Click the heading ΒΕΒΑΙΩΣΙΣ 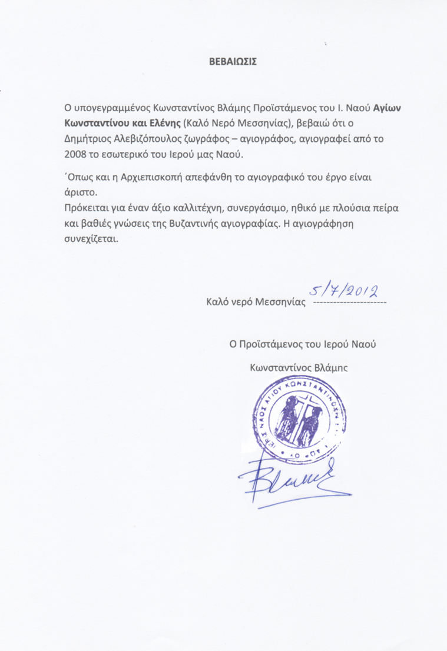click(x=234, y=61)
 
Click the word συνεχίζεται click(x=95, y=240)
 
